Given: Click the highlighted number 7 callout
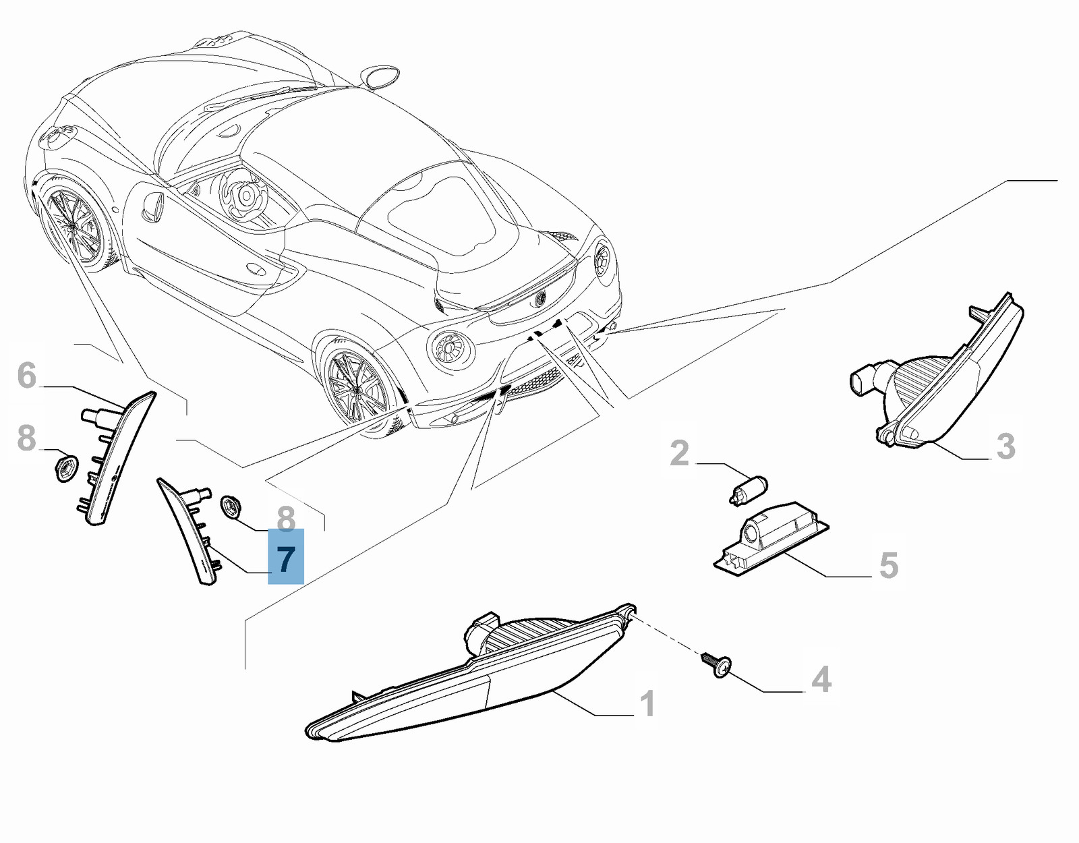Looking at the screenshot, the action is tap(285, 556).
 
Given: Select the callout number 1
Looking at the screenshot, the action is tap(647, 704).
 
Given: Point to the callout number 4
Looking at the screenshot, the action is tap(821, 680).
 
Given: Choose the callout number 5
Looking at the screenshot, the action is tap(888, 565).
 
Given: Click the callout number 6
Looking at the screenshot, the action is tap(27, 375).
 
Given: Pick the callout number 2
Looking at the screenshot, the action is tap(679, 453).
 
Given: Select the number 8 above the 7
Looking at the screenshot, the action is tap(285, 519).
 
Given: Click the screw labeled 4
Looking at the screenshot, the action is tap(716, 664).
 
